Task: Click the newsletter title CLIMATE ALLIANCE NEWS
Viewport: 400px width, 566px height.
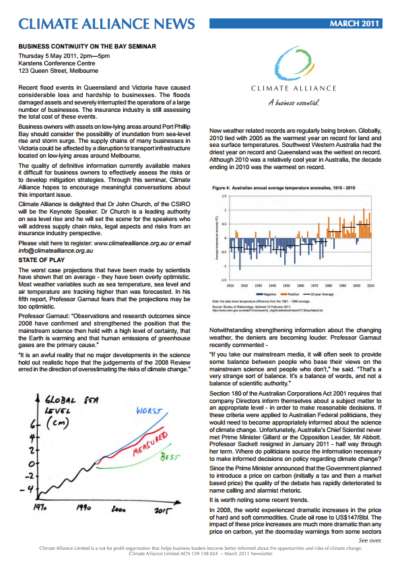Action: click(107, 24)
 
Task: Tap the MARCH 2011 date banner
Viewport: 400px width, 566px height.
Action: click(354, 24)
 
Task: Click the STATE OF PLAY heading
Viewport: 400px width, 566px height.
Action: click(42, 259)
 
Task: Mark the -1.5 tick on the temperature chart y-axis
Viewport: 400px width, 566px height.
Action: click(223, 278)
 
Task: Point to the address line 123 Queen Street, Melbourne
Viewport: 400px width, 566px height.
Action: click(59, 70)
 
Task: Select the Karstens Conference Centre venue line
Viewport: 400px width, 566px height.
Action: click(58, 62)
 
